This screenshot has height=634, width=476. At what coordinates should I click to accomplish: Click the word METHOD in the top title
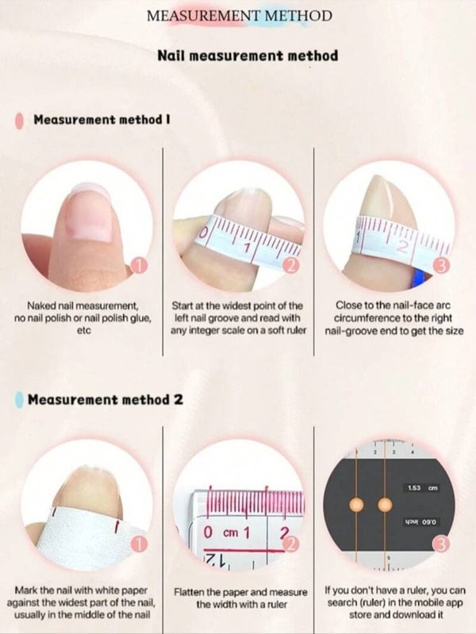pos(298,16)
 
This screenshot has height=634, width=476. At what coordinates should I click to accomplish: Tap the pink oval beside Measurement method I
pos(19,121)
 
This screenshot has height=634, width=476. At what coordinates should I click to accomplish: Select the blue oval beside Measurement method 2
pos(18,400)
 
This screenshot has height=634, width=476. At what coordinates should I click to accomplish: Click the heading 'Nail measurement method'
pos(248,56)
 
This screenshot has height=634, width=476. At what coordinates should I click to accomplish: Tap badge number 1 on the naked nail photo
pos(139,266)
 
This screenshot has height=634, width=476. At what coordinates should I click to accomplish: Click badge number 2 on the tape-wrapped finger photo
pos(291,265)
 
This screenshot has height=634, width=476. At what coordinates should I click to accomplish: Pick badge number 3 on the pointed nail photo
pos(441,265)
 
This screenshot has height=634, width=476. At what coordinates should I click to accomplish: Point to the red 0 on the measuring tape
pos(204,234)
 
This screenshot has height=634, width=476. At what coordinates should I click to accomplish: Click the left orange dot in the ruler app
pos(356,505)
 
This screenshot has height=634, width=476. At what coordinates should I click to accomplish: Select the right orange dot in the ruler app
pos(385,505)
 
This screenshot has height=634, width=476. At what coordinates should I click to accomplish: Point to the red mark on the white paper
pos(116,526)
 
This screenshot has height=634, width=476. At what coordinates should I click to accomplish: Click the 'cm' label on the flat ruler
pos(231,533)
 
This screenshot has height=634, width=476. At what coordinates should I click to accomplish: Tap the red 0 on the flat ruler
pos(208,532)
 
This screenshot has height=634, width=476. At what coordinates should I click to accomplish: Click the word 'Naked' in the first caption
pos(39,305)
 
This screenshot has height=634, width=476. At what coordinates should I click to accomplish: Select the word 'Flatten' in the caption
pos(190,593)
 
